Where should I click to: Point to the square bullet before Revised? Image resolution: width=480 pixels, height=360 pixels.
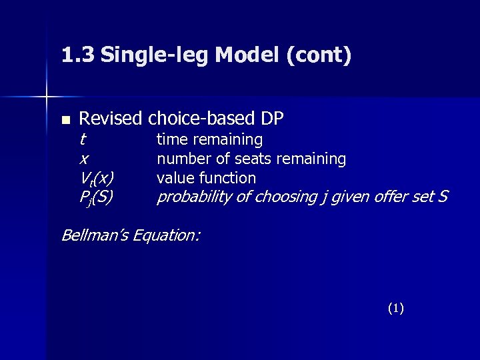[65, 121]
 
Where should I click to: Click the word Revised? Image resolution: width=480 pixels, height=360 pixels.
[111, 119]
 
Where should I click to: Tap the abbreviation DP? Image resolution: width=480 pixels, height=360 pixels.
[272, 119]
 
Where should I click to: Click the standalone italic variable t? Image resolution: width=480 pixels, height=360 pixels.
[82, 140]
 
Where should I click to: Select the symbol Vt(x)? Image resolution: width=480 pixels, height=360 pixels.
[96, 179]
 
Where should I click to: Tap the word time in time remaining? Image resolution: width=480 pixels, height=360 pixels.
[171, 140]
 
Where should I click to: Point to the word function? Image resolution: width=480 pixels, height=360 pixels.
[227, 178]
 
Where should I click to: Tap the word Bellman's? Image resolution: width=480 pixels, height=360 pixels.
[97, 235]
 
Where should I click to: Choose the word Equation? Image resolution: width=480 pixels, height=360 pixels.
[167, 235]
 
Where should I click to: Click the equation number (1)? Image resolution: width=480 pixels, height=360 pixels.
[395, 308]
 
